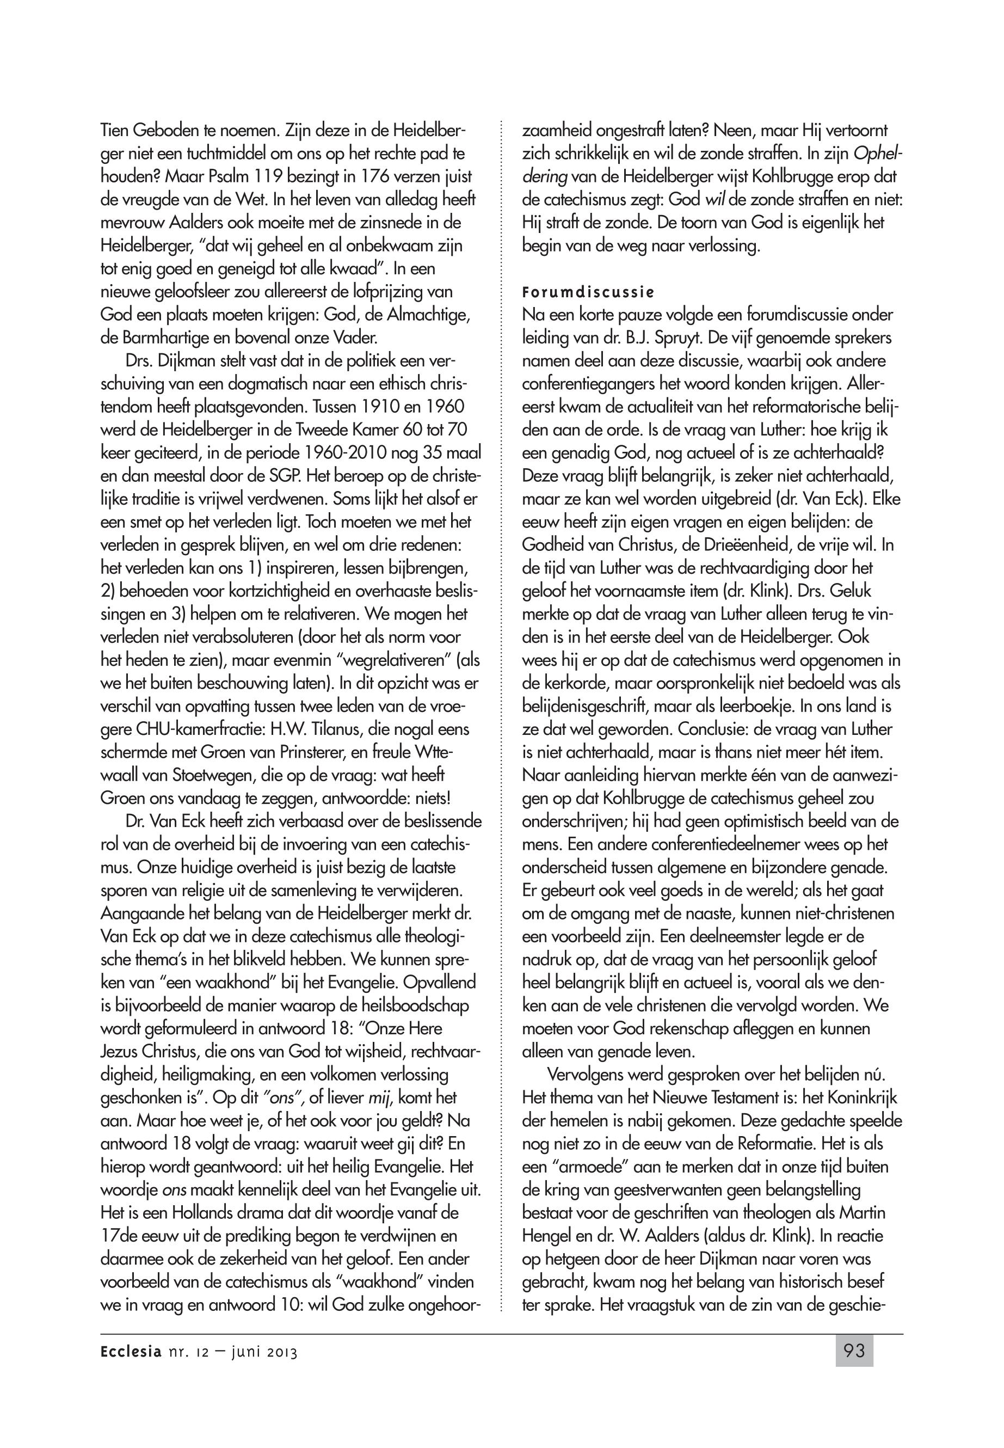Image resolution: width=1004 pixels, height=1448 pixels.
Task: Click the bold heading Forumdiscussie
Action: click(588, 293)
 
